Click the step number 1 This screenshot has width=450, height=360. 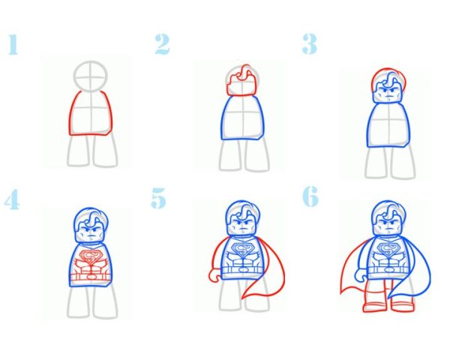point(13,44)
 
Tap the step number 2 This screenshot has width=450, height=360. point(163,44)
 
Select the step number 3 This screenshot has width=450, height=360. point(309,44)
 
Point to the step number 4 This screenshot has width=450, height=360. point(12,199)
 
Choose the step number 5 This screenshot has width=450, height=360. point(158,198)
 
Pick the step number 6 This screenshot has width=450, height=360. point(310,196)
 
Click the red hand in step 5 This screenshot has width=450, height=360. point(214,275)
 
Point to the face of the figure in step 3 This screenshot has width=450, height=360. point(388,92)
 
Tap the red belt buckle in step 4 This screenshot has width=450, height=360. point(91,277)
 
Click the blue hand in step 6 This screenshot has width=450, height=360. point(361,275)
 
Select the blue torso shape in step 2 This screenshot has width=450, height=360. point(242,118)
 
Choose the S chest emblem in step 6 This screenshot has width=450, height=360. point(388,250)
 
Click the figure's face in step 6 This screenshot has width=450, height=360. point(388,224)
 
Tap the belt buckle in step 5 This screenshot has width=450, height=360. point(243,270)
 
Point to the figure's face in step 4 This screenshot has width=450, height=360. point(91,232)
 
